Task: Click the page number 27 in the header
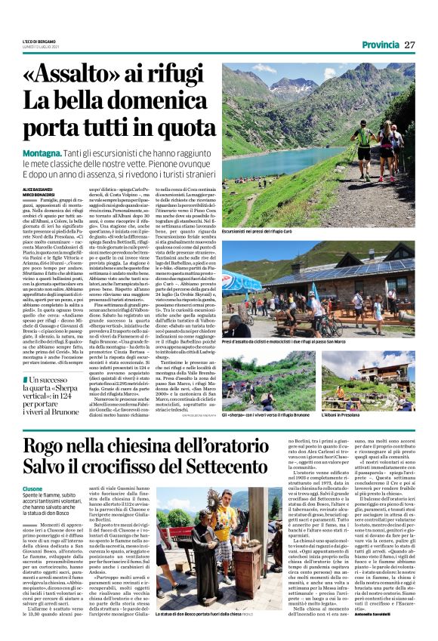pyautogui.click(x=411, y=45)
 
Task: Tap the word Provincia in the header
pyautogui.click(x=381, y=45)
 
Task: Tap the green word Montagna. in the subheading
pyautogui.click(x=42, y=150)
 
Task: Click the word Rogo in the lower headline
pyautogui.click(x=45, y=446)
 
